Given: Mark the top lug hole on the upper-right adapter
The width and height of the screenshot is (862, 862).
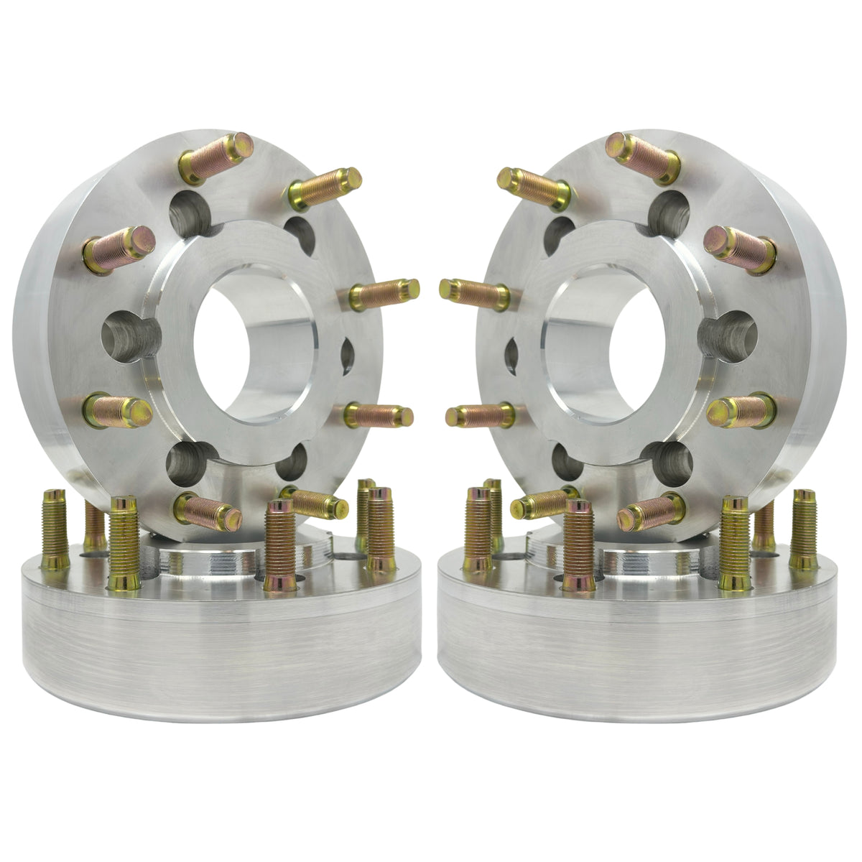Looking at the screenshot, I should click(672, 208).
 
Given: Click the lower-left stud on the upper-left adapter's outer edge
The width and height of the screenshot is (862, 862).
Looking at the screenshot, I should click(119, 409).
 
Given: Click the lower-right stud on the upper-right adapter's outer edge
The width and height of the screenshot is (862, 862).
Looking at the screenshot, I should click(740, 409).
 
